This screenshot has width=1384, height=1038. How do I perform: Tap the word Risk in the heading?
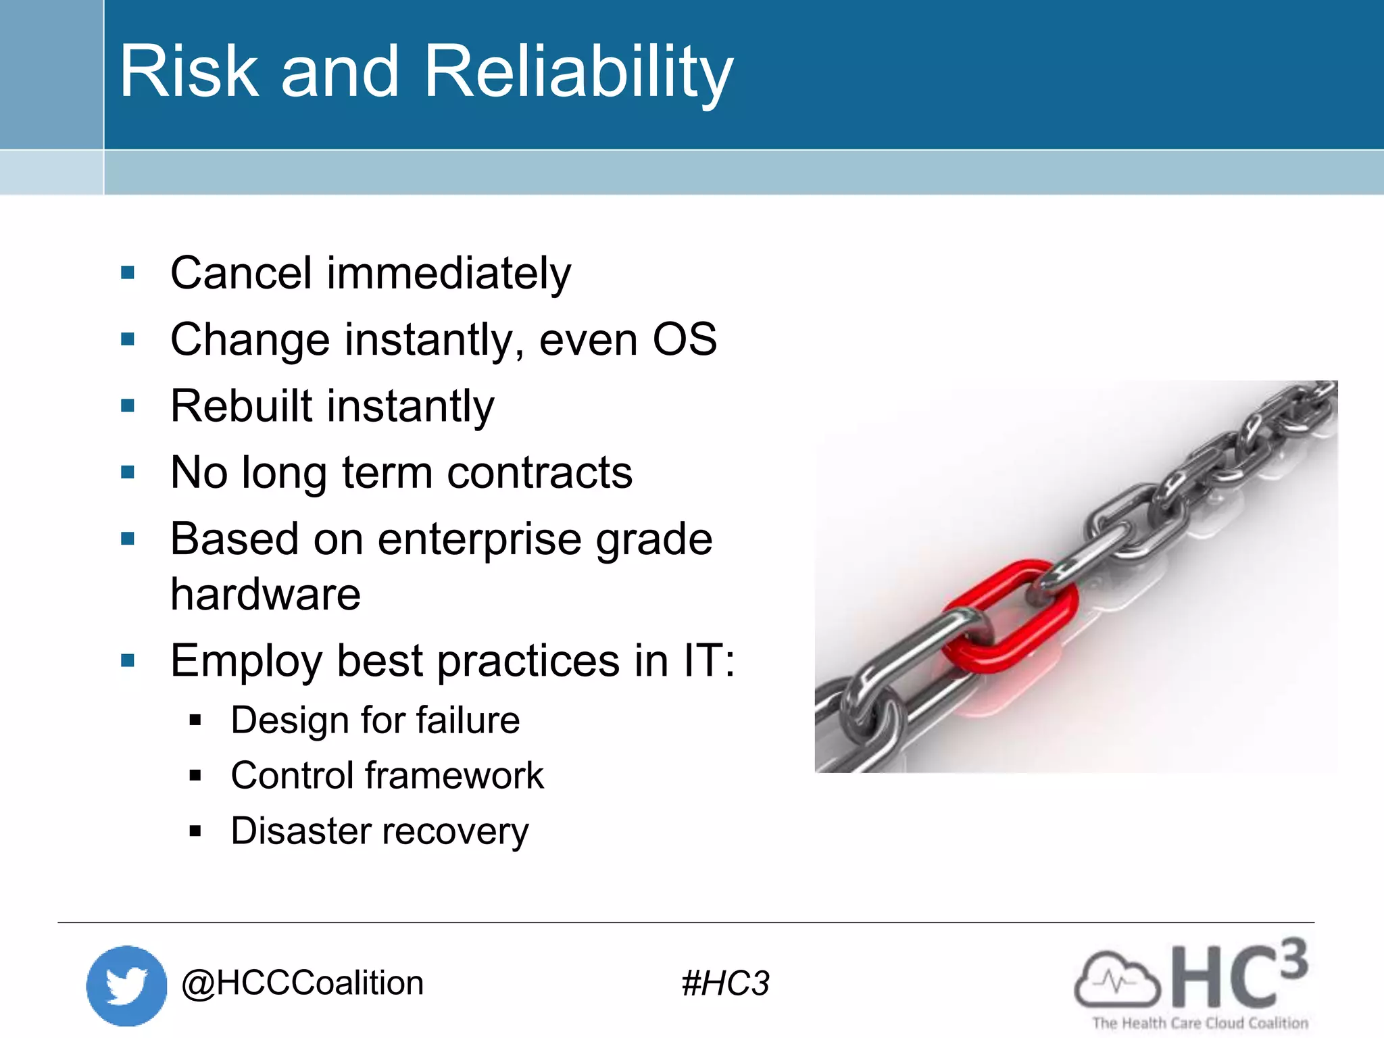189,72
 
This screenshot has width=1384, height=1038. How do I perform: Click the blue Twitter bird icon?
126,985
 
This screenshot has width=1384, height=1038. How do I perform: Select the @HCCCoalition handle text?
303,983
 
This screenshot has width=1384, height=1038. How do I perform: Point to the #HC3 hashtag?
725,983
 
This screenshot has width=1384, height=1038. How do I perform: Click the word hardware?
266,595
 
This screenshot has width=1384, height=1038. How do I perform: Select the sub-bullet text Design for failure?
375,720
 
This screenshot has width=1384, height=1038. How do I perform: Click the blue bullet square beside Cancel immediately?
128,273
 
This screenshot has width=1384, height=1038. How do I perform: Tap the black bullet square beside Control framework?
195,776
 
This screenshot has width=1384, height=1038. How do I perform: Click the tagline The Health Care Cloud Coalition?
1200,1023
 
